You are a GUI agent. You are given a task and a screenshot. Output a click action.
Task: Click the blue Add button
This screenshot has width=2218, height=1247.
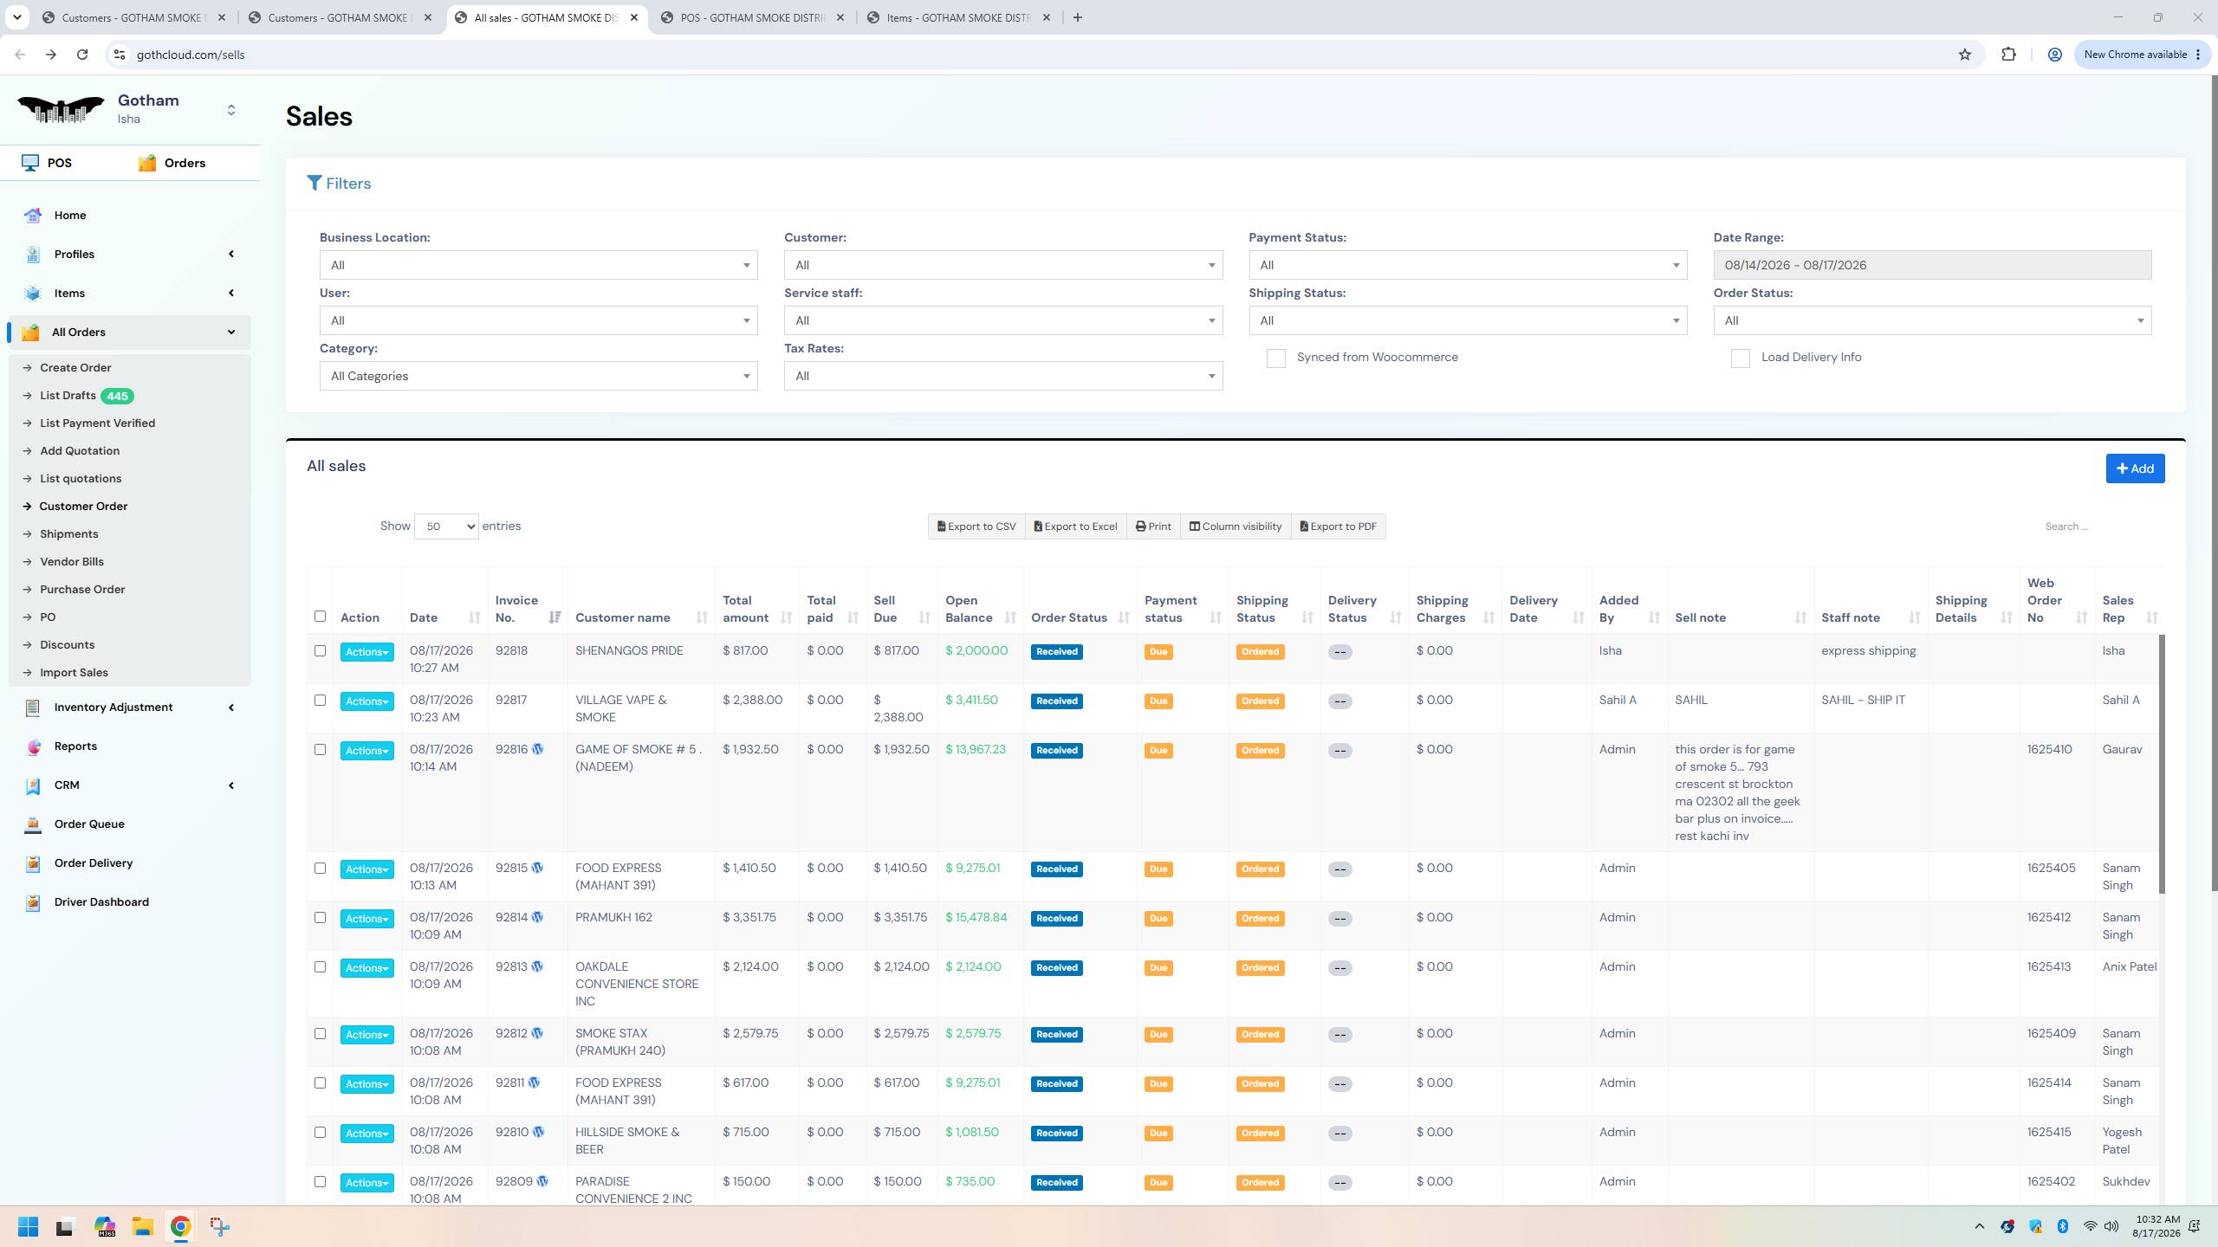[x=2135, y=468]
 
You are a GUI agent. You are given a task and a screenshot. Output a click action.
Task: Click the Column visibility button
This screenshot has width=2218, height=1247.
[x=1235, y=527]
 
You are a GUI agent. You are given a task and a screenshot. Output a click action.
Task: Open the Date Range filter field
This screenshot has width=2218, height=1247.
[x=1932, y=265]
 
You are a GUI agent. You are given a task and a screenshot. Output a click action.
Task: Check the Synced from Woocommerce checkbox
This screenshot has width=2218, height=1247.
[x=1275, y=359]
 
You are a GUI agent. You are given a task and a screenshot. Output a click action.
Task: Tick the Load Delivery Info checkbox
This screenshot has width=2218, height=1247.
[x=1740, y=359]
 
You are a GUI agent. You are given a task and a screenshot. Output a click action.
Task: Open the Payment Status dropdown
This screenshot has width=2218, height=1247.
[x=1468, y=265]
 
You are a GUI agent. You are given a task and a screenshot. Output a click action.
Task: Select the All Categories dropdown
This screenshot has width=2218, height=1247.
[x=538, y=376]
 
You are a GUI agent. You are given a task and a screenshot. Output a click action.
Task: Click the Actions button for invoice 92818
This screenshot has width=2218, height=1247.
[x=366, y=652]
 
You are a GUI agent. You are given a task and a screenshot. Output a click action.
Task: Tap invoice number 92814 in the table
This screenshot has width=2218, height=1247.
[x=511, y=917]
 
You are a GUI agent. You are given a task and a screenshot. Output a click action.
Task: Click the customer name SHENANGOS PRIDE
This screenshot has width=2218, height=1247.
[x=629, y=650]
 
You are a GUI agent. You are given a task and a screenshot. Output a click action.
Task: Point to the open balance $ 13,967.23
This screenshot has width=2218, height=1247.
[x=976, y=749]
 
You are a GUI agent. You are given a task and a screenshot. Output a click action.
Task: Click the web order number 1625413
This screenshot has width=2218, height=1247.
[x=2049, y=966]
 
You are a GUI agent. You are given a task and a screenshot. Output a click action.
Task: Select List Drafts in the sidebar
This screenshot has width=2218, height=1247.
[x=68, y=396]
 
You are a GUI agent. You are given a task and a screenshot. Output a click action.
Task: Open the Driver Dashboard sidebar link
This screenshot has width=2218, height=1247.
[x=101, y=901]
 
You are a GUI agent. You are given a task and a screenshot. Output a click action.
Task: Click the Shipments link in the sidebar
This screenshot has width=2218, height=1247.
[x=69, y=533]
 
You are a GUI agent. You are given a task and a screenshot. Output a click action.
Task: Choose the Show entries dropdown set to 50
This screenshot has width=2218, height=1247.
[x=446, y=527]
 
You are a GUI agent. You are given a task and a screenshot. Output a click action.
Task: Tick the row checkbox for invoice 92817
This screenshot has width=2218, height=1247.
[x=320, y=700]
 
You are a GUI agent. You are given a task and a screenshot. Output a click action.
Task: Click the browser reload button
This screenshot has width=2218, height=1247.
[x=82, y=55]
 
